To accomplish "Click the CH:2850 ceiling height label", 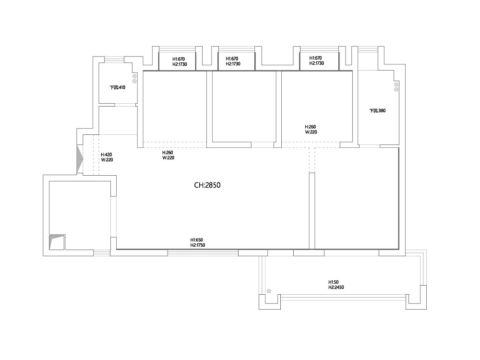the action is [x=207, y=185].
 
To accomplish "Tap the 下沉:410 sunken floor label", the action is [x=118, y=87].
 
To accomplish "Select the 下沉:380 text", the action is [x=377, y=111].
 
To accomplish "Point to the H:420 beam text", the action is [x=107, y=155].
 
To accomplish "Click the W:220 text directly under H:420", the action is [x=107, y=160].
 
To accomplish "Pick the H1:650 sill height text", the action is [x=196, y=240].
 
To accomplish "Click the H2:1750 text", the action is [x=198, y=245].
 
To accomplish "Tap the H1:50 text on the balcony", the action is [x=334, y=282].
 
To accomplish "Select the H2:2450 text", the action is [x=336, y=288].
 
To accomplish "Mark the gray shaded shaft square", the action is [x=57, y=242].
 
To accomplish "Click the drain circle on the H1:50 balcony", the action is [x=269, y=291].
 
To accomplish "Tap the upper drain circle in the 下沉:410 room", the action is [x=134, y=76].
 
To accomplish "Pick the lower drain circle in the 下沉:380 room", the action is [x=396, y=89].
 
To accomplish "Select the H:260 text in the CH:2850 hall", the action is [x=168, y=153].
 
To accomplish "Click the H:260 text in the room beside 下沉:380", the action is [x=310, y=127].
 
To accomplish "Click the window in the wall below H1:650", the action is [x=203, y=253].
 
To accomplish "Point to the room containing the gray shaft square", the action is [x=80, y=214].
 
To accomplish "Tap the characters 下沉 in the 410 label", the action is [x=114, y=87].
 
